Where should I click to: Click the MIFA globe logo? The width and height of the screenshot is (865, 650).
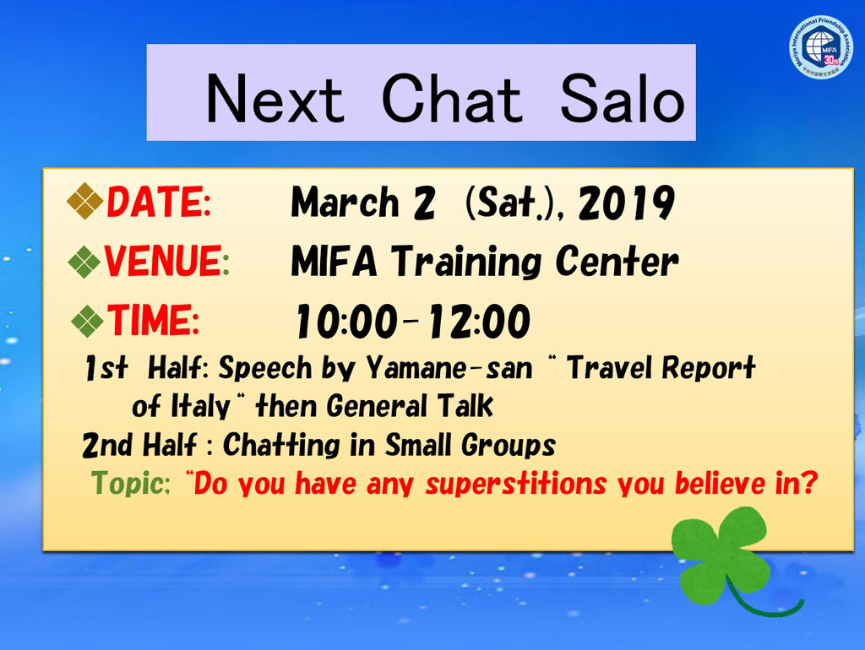pyautogui.click(x=821, y=47)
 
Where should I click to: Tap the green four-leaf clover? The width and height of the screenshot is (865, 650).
pyautogui.click(x=723, y=557)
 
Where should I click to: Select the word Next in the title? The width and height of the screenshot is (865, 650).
pyautogui.click(x=275, y=99)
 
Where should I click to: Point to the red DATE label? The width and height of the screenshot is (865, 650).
pyautogui.click(x=159, y=202)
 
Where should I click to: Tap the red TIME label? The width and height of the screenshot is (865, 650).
pyautogui.click(x=153, y=320)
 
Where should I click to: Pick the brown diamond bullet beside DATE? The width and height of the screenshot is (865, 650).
pyautogui.click(x=85, y=201)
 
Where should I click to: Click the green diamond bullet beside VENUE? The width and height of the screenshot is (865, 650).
pyautogui.click(x=84, y=262)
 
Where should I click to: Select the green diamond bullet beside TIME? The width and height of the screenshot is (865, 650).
pyautogui.click(x=88, y=321)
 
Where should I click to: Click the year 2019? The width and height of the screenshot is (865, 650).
pyautogui.click(x=626, y=203)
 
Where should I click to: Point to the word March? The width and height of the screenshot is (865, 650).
pyautogui.click(x=345, y=202)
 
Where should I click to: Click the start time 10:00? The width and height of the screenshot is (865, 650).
pyautogui.click(x=346, y=322)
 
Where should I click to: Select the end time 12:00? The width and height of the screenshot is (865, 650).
pyautogui.click(x=480, y=322)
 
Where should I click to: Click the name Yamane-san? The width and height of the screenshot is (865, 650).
pyautogui.click(x=449, y=368)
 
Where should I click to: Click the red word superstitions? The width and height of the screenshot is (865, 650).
pyautogui.click(x=516, y=484)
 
